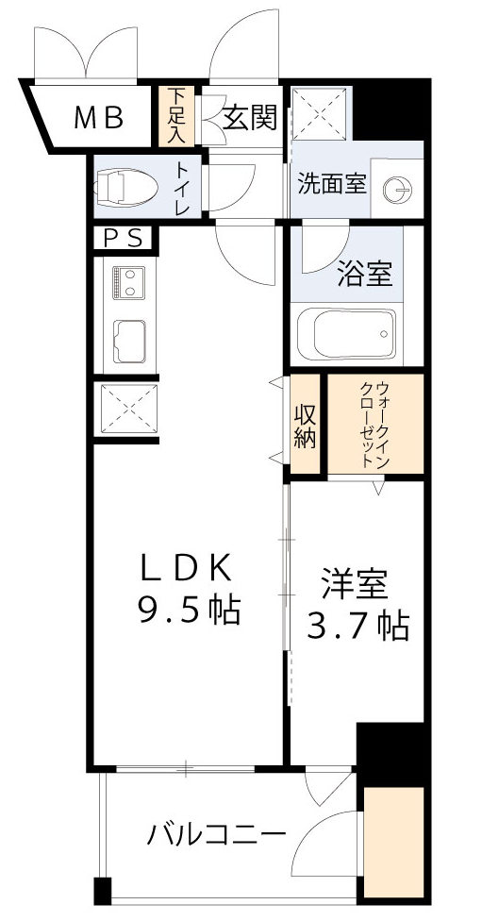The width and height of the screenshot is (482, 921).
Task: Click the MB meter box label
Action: [100, 118]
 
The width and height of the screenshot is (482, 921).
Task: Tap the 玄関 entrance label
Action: [250, 118]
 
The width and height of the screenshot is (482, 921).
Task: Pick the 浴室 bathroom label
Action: [365, 276]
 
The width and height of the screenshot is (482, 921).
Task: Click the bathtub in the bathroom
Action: [344, 332]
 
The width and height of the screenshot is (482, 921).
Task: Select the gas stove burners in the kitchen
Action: [125, 281]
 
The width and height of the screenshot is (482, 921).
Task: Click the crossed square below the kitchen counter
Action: [126, 407]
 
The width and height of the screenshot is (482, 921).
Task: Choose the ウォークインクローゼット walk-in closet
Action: [373, 426]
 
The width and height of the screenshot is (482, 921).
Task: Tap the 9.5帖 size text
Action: [190, 610]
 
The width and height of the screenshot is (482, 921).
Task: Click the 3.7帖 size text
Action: [359, 626]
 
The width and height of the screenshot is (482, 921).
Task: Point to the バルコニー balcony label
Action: [216, 835]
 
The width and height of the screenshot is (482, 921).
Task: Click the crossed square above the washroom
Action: [320, 112]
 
